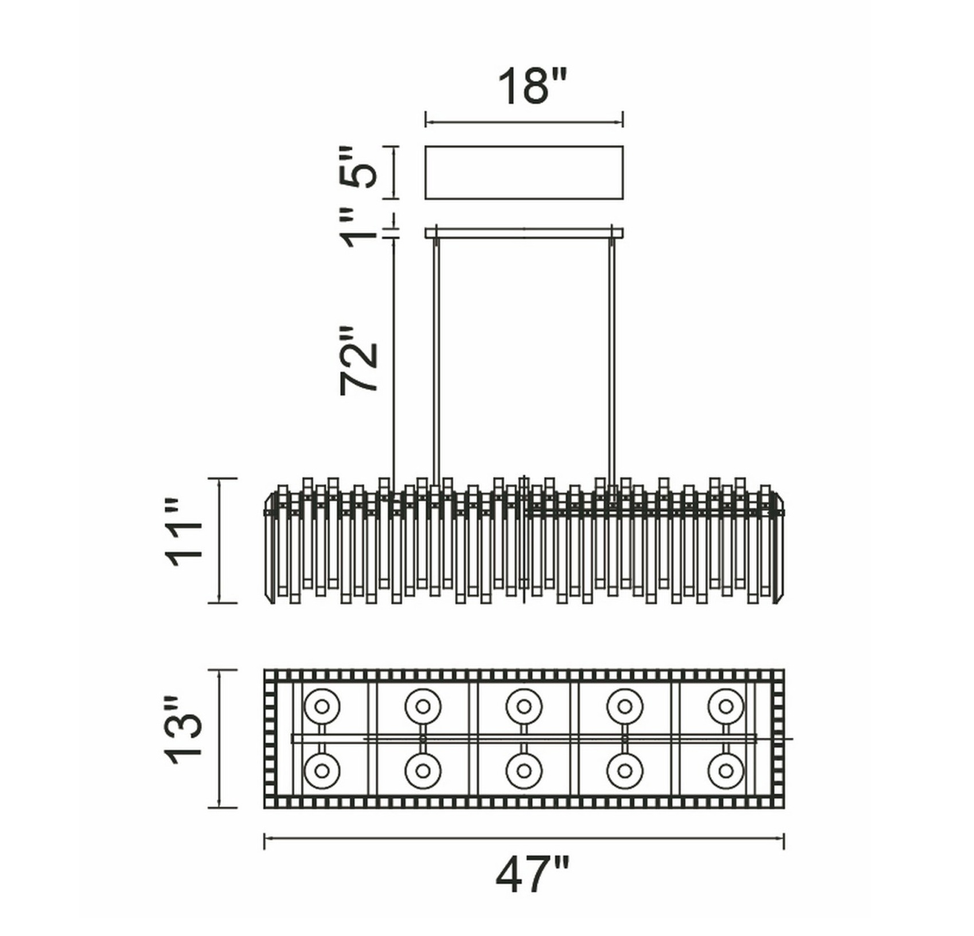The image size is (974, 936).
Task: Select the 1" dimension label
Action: [360, 227]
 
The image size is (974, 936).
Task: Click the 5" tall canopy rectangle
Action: [524, 173]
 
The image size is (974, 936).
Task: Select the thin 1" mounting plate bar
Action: [524, 233]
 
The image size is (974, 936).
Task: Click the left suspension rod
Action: [436, 361]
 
